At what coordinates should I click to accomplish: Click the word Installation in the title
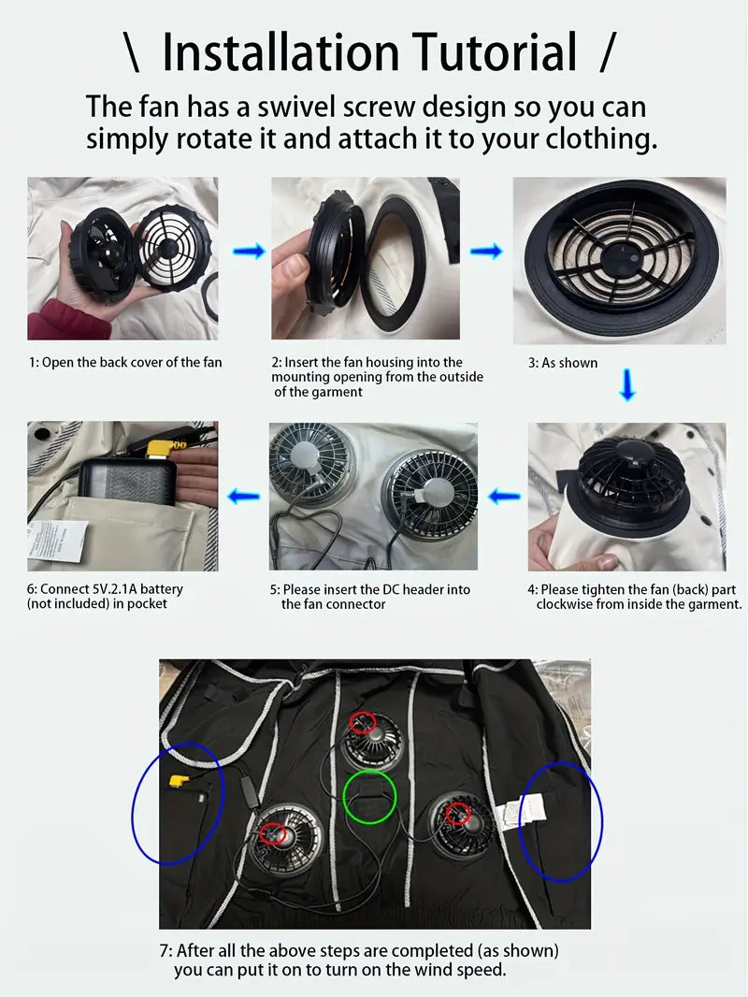[280, 51]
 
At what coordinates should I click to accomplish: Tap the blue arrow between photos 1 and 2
[249, 252]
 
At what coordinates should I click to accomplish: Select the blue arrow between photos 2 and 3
[486, 252]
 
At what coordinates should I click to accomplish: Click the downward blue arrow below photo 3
[627, 384]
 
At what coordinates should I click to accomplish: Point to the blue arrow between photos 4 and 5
[504, 496]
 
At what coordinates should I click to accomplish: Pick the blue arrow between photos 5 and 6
[243, 496]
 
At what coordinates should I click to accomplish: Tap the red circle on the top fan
[362, 723]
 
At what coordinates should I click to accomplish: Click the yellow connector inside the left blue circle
[177, 782]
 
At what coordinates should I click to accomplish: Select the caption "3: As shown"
[563, 363]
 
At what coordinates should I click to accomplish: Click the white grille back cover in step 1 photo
[168, 249]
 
